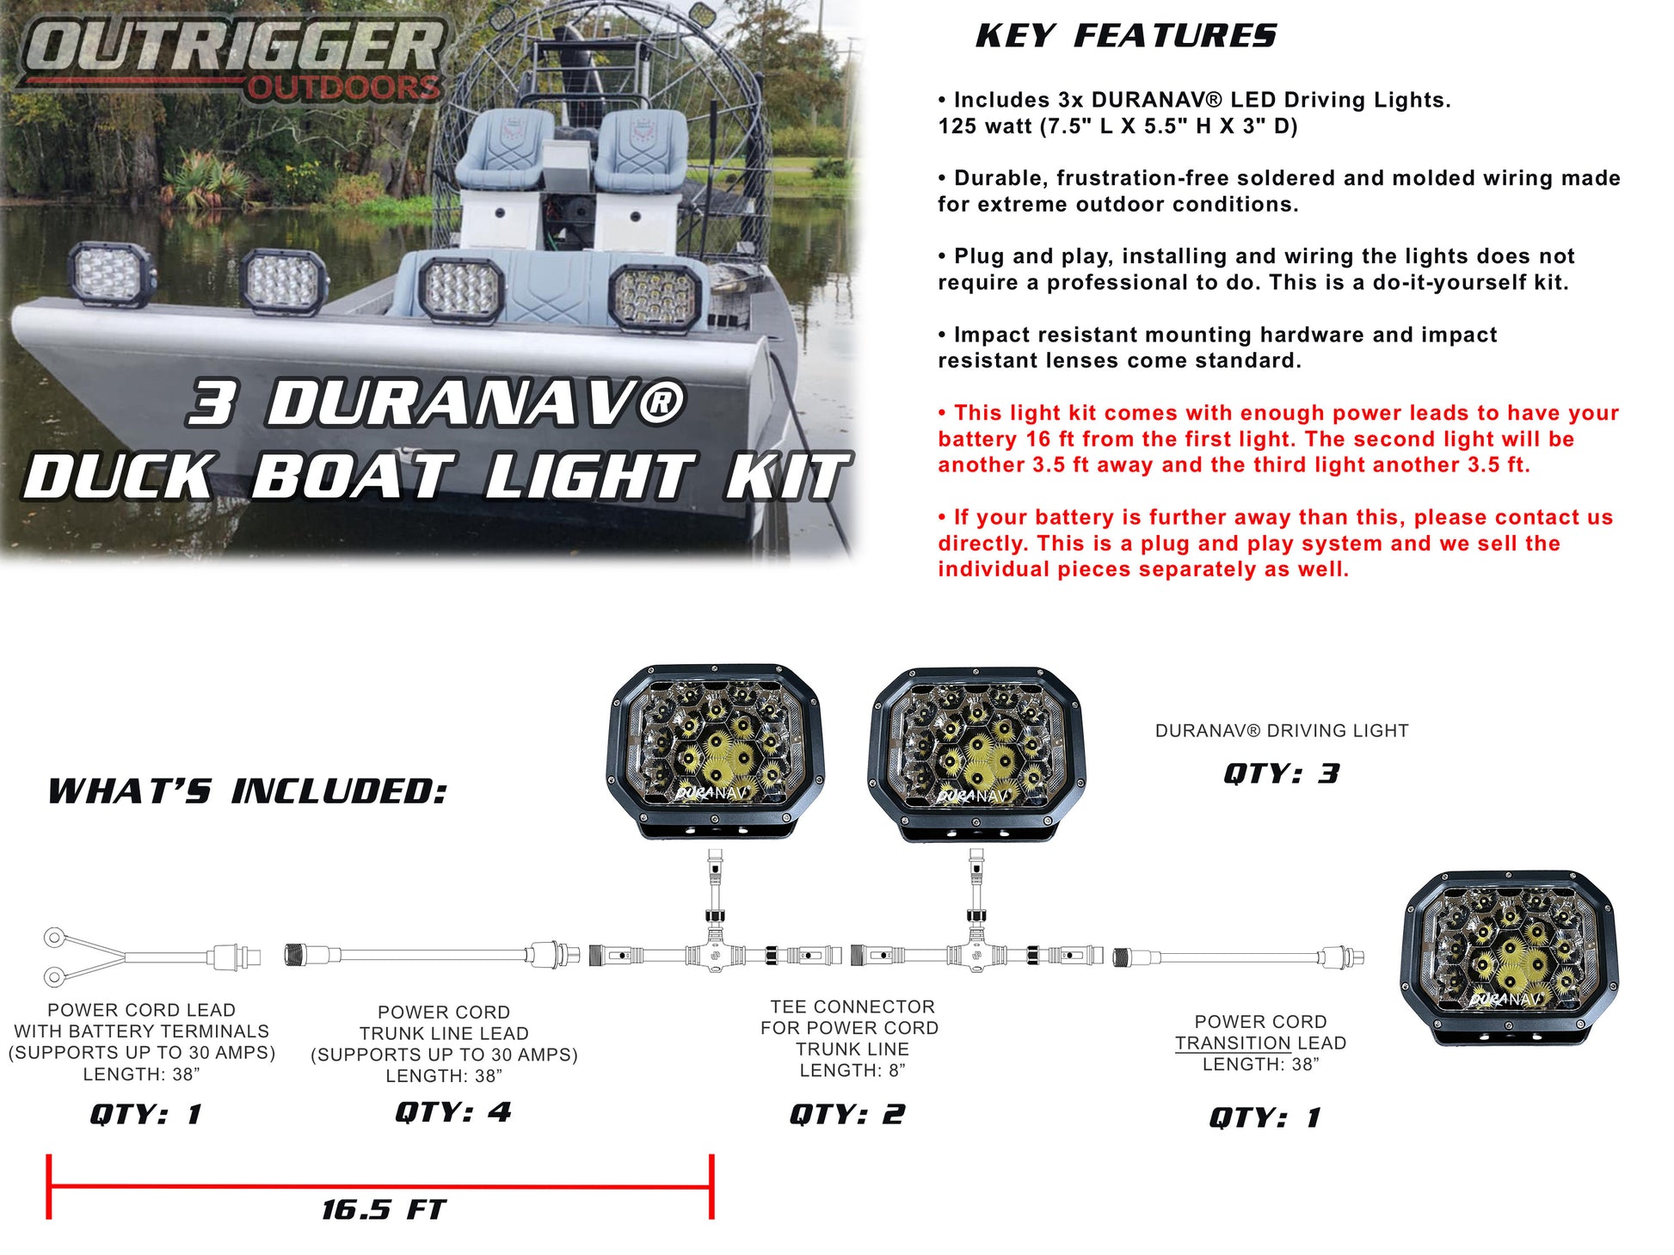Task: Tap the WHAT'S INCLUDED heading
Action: [x=248, y=791]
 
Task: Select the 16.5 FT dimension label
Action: [x=384, y=1210]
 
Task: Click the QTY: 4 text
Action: [x=453, y=1112]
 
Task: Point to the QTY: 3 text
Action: [x=1282, y=773]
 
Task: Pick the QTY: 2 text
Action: [x=847, y=1115]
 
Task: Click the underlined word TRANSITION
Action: [x=1233, y=1043]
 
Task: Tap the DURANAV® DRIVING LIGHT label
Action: [x=1282, y=731]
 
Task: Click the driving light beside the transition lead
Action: [x=1510, y=957]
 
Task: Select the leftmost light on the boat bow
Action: [x=111, y=274]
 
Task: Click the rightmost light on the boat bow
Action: [x=655, y=298]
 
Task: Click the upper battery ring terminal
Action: [x=55, y=937]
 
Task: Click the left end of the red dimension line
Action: [x=49, y=1187]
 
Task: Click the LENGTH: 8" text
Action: [x=852, y=1071]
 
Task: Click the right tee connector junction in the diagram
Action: [x=976, y=955]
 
